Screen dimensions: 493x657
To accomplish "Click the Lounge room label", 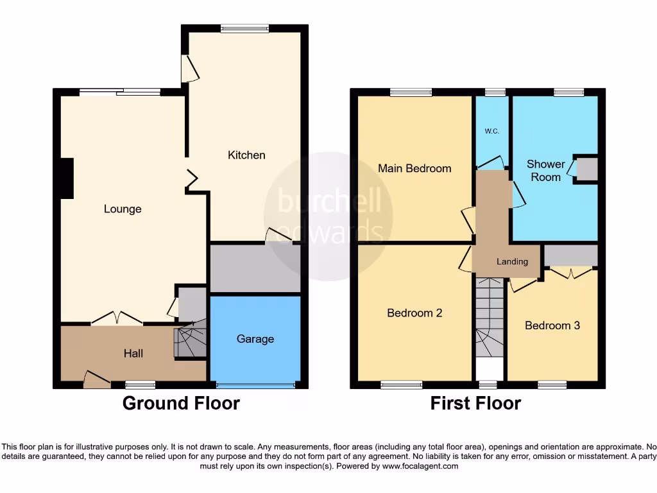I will (123, 209).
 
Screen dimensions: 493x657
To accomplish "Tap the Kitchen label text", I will (246, 155).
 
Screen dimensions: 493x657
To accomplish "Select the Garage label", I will (255, 339).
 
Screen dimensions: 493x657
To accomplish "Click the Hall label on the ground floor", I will (133, 353).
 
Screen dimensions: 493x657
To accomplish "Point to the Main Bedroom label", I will (414, 168).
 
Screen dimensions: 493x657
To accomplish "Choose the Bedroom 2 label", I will (414, 313).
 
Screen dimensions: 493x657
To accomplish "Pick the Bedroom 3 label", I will (552, 325).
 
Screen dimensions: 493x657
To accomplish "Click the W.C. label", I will (491, 132).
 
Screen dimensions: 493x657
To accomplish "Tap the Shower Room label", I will (545, 170).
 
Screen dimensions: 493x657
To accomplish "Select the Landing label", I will (512, 261).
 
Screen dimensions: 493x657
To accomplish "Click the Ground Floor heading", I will (181, 403).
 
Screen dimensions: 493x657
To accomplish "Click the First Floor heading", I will (475, 403).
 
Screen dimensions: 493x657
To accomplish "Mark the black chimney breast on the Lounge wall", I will (66, 178).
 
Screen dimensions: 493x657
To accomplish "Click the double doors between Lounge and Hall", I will (117, 319).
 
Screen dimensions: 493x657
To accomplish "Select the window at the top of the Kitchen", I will (244, 28).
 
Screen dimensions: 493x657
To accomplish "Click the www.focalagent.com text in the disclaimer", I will (420, 466).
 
